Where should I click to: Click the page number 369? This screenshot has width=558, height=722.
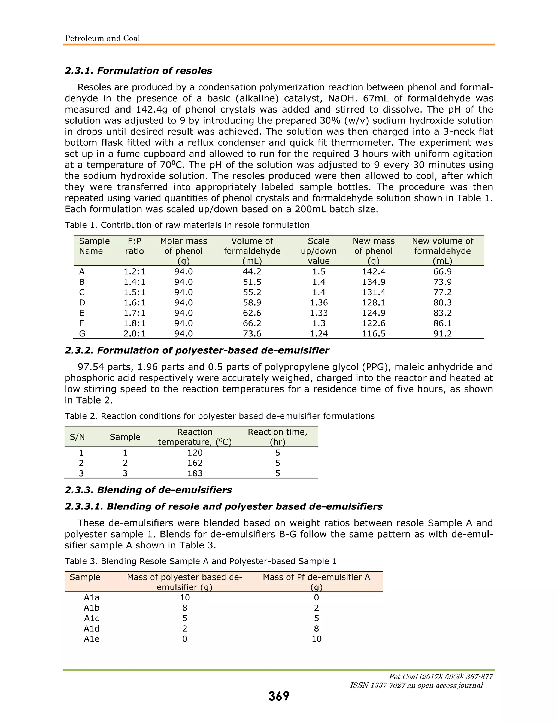279,696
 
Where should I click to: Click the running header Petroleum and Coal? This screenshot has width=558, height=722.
102,38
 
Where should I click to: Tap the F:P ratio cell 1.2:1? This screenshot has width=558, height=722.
134,271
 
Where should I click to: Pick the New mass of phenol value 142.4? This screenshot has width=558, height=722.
374,271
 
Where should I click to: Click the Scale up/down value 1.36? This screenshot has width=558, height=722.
319,302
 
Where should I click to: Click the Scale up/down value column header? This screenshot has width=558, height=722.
319,251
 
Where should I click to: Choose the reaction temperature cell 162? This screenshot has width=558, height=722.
195,463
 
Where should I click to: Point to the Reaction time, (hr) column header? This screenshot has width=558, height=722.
277,437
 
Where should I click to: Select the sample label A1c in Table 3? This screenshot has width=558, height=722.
92,618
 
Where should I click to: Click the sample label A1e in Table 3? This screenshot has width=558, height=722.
92,639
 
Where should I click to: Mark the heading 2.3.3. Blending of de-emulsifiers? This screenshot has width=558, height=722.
148,490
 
